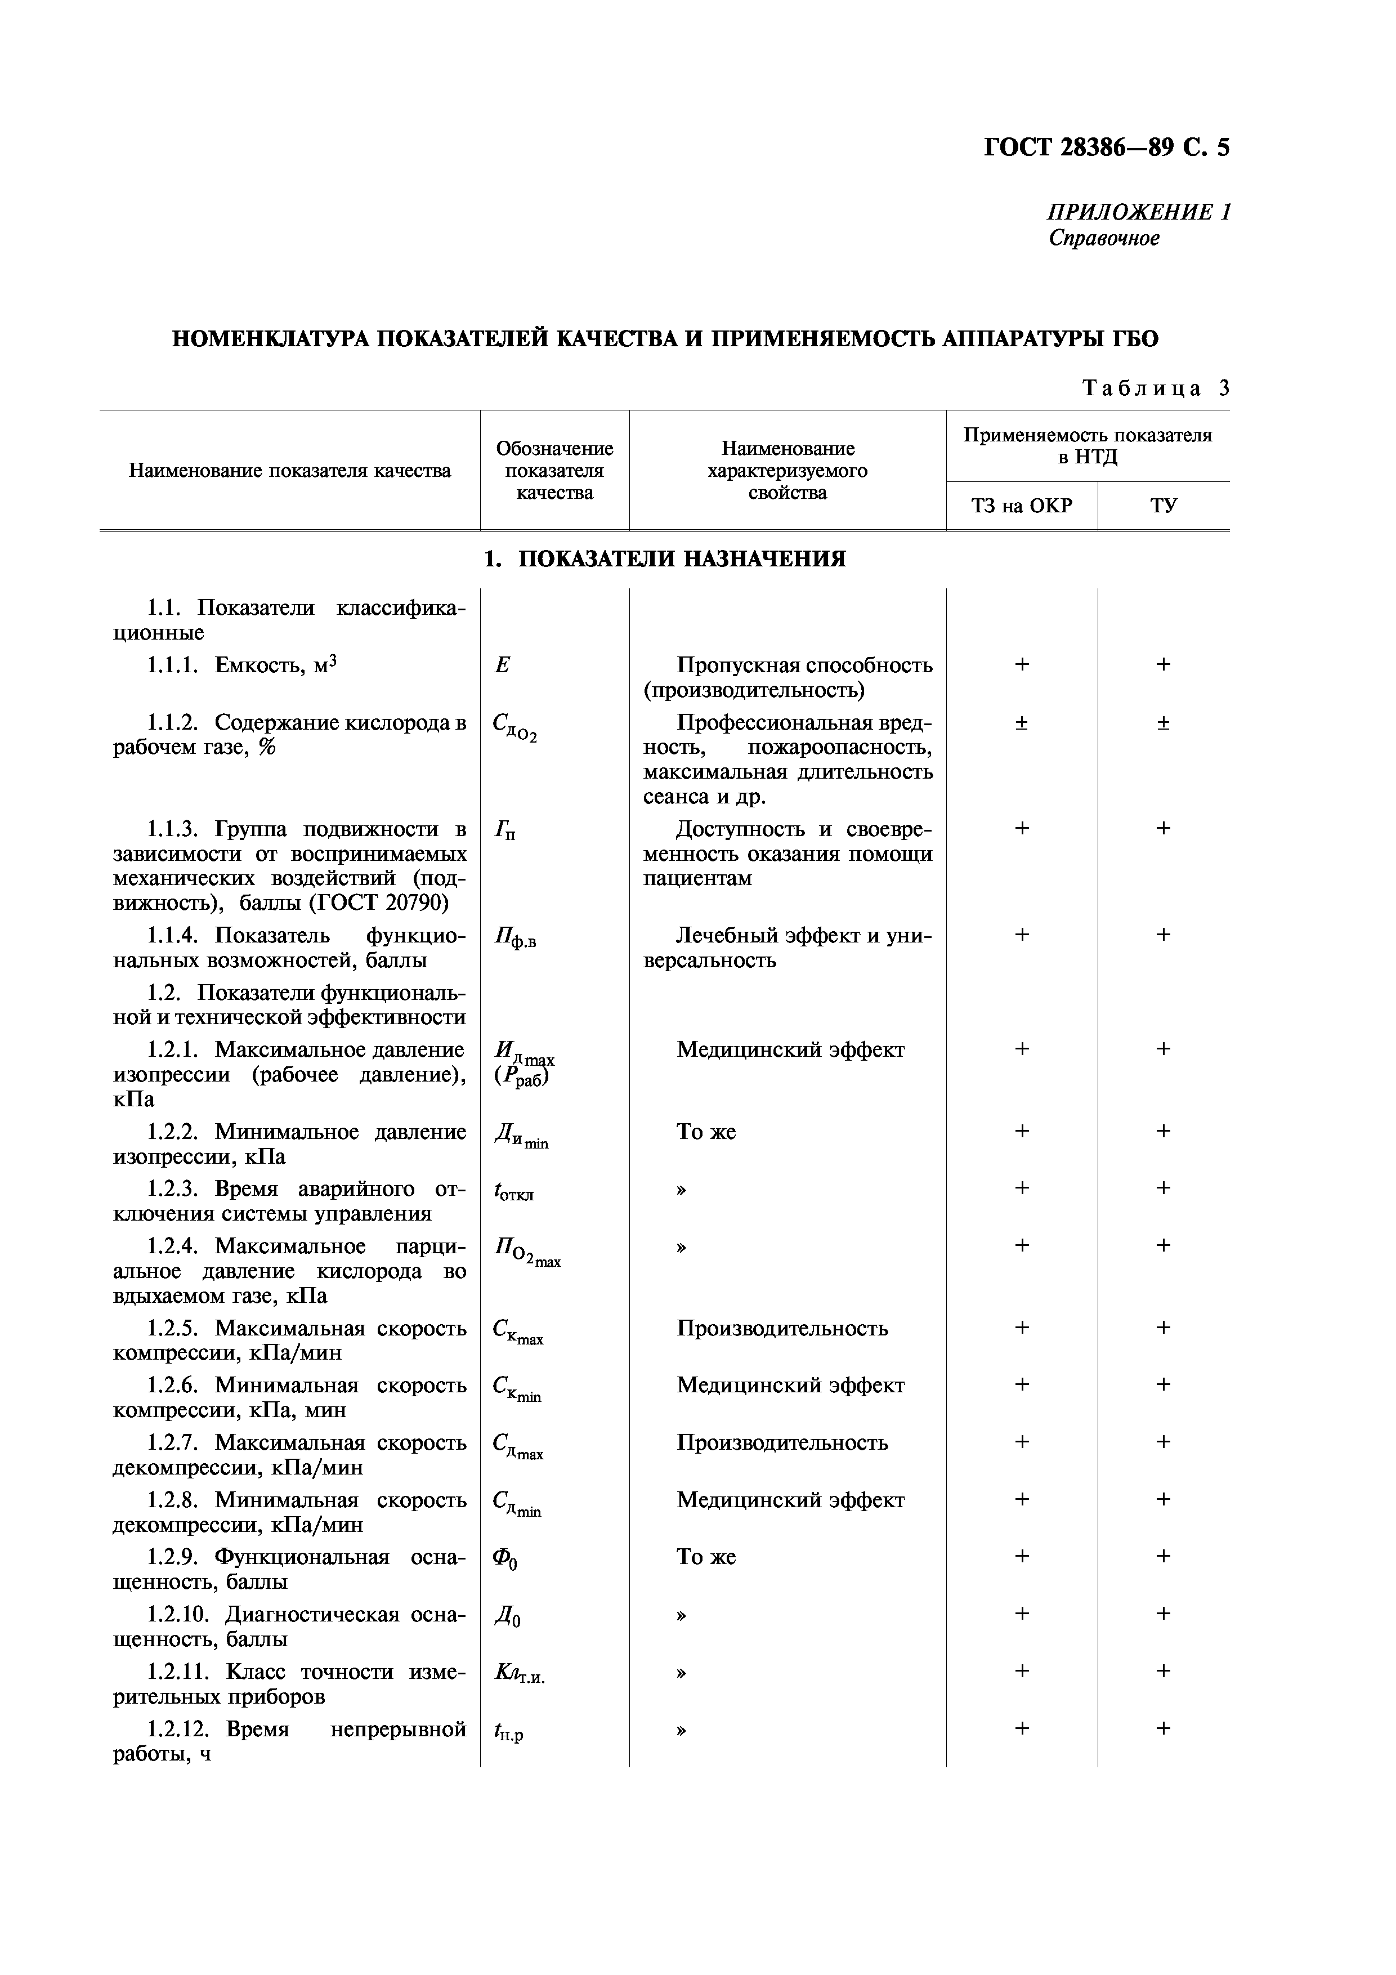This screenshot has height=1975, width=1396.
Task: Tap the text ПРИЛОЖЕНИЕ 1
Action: pyautogui.click(x=1138, y=212)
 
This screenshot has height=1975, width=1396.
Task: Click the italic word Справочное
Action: pyautogui.click(x=1103, y=238)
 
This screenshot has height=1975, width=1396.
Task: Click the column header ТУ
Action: pyautogui.click(x=1163, y=506)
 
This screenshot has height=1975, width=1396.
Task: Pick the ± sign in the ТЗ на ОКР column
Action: pyautogui.click(x=1021, y=722)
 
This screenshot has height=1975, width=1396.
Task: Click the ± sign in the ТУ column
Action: pyautogui.click(x=1163, y=722)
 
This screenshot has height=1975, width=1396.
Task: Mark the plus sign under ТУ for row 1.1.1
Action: pyautogui.click(x=1163, y=664)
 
